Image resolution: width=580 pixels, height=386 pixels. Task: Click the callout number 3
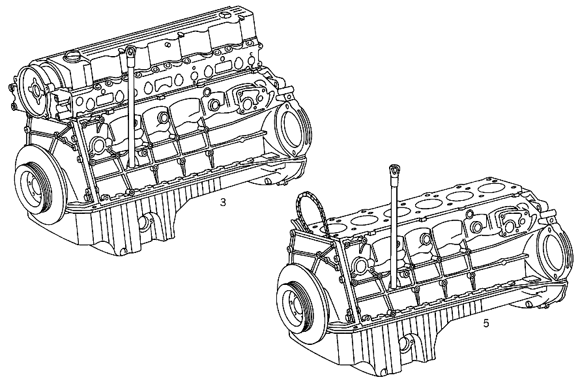(x=223, y=202)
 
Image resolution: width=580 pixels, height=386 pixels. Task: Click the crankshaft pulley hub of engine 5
(x=294, y=302)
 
